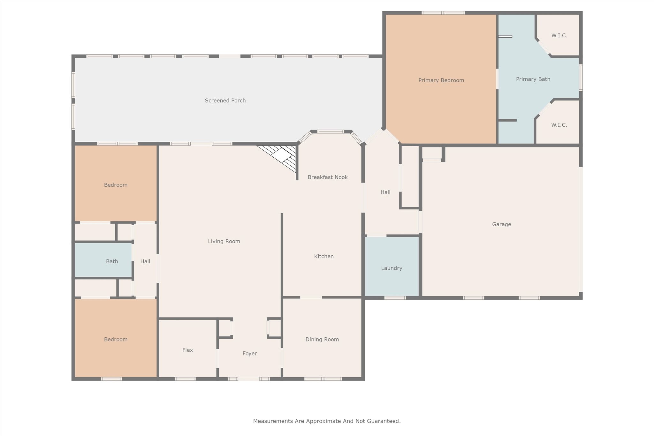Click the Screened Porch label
coord(225,101)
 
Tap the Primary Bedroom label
coord(441,80)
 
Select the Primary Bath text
coord(533,79)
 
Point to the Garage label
coord(501,224)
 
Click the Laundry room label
coord(392,268)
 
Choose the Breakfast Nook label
coord(328,177)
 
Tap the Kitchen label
coord(324,256)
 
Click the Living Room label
coord(224,241)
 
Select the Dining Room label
coord(322,339)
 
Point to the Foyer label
coord(249,353)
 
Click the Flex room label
coord(187,350)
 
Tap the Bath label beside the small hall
coord(112,261)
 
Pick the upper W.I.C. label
coord(559,35)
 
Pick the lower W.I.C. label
coord(559,125)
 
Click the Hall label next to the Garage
coord(385,192)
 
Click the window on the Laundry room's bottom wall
coord(395,298)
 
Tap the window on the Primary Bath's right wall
coord(581,78)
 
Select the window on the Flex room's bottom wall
coord(185,379)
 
